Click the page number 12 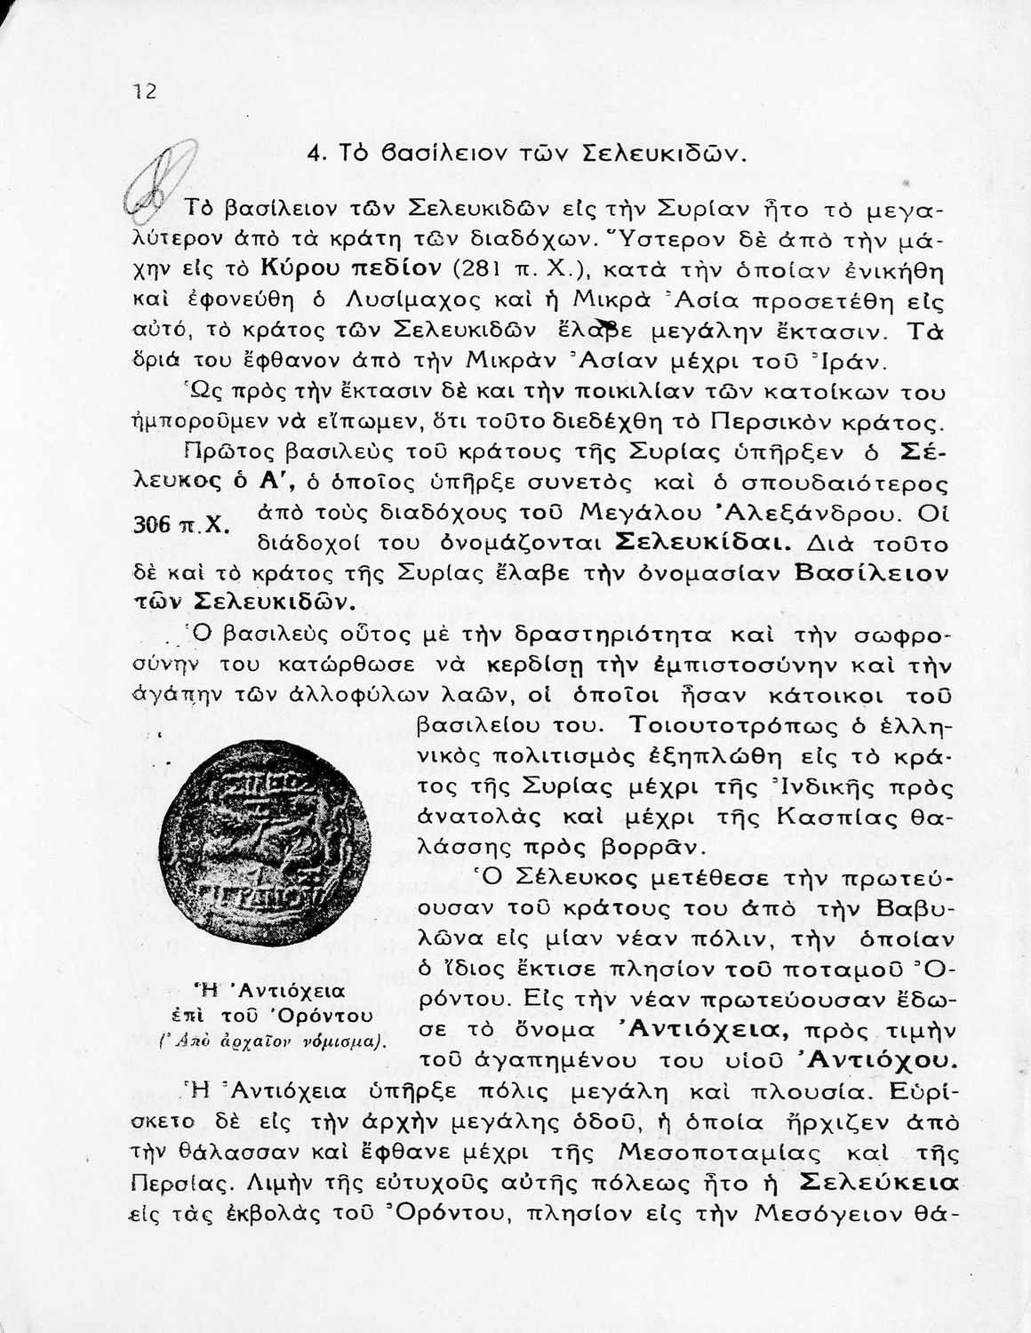(144, 91)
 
